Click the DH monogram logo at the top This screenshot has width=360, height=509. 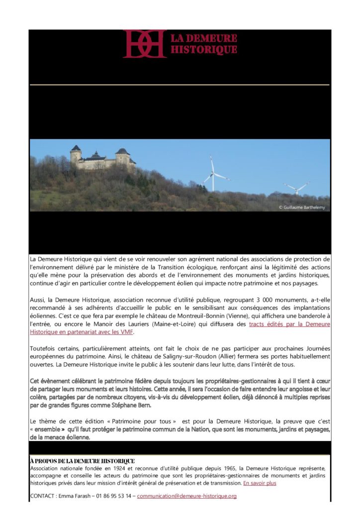[x=144, y=44]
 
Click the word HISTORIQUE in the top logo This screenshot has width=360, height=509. [x=204, y=49]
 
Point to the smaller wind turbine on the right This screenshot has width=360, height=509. [x=296, y=187]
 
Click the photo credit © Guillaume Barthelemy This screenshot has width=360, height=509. [x=302, y=207]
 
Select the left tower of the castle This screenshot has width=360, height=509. [x=76, y=156]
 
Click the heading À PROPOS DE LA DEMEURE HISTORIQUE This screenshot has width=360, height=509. [x=82, y=461]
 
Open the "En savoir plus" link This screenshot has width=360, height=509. [x=260, y=483]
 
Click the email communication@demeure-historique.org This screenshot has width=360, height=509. [x=187, y=496]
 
